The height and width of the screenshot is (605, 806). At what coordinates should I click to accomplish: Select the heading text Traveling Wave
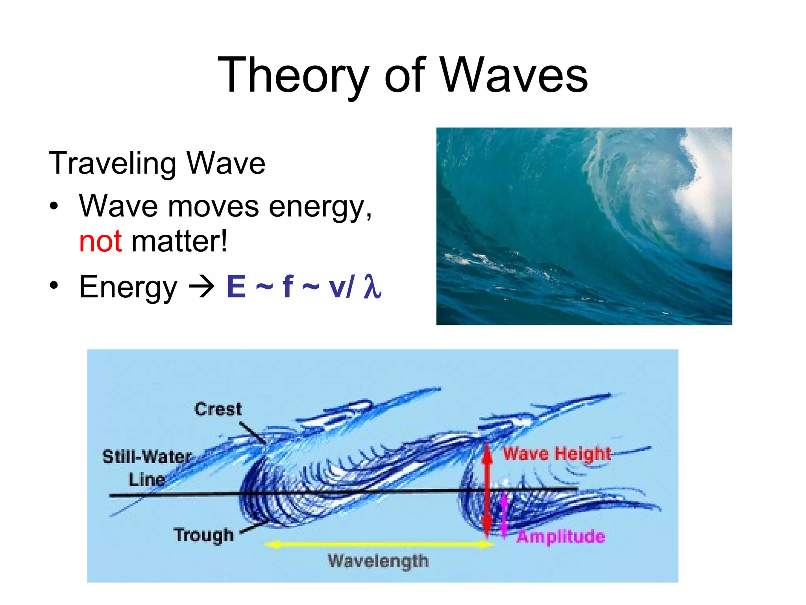click(157, 163)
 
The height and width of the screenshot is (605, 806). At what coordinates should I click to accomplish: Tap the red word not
click(100, 241)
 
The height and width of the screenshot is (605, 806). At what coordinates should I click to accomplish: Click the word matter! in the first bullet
click(179, 241)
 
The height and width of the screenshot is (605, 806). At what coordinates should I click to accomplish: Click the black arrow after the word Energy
click(202, 287)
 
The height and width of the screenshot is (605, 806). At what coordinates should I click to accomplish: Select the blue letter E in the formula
click(236, 287)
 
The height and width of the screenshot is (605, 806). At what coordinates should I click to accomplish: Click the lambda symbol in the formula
click(372, 287)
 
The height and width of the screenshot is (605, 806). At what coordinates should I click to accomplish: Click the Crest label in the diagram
click(218, 409)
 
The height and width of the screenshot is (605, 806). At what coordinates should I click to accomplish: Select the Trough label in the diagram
click(204, 535)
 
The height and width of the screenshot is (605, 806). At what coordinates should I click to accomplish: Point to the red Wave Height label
click(557, 453)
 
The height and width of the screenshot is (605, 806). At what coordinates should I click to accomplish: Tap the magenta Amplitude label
click(560, 536)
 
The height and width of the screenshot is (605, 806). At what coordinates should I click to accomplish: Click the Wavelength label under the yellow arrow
click(378, 561)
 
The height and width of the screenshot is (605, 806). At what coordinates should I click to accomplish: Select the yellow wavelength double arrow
click(378, 544)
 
